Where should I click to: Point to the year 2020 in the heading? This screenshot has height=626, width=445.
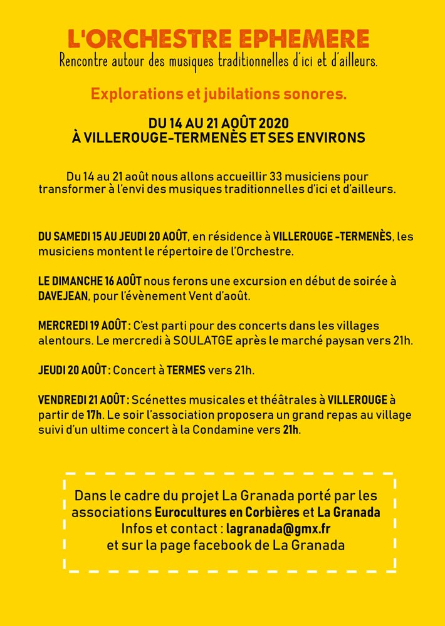pos(273,123)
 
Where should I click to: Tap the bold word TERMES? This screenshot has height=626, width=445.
pos(186,370)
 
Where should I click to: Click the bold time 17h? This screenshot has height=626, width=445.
pos(94,414)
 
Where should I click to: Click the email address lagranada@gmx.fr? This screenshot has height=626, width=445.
pos(278,528)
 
